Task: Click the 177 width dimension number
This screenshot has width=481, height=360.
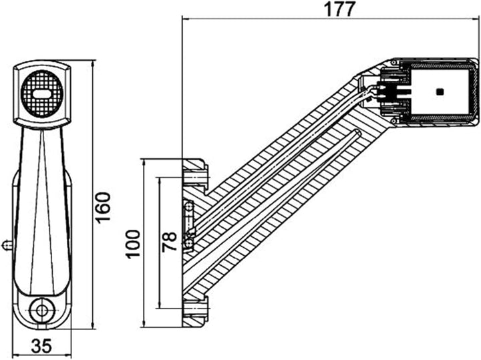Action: pyautogui.click(x=339, y=9)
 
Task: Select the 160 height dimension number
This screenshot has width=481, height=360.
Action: pyautogui.click(x=103, y=208)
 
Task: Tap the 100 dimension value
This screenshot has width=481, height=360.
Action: pyautogui.click(x=133, y=243)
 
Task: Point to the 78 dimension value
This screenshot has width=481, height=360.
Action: pyautogui.click(x=170, y=241)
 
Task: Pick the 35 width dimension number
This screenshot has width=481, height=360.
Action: pyautogui.click(x=42, y=347)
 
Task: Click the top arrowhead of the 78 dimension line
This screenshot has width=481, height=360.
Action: pyautogui.click(x=159, y=179)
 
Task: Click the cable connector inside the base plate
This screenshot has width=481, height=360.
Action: pyautogui.click(x=189, y=227)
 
